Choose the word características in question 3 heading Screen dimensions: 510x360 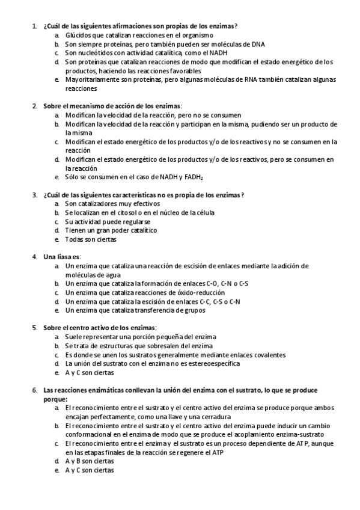click(157, 195)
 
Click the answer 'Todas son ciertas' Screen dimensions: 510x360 click(90, 239)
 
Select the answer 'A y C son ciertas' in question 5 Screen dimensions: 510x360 click(89, 372)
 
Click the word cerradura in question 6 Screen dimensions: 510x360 click(215, 416)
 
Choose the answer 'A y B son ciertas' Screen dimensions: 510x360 click(89, 461)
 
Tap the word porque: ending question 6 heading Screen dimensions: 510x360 click(55, 399)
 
